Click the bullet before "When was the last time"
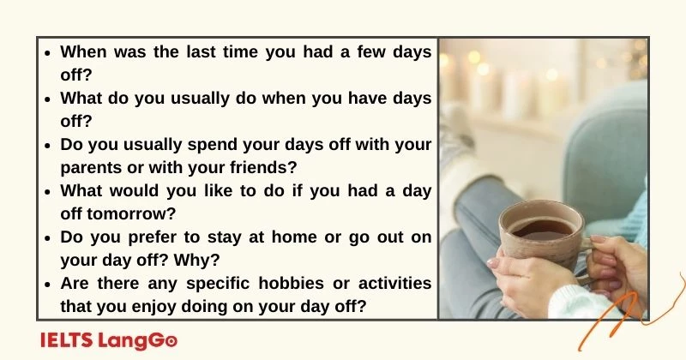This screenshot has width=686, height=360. (49, 52)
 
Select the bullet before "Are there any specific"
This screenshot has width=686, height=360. (49, 284)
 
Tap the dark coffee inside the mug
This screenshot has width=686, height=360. (541, 229)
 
